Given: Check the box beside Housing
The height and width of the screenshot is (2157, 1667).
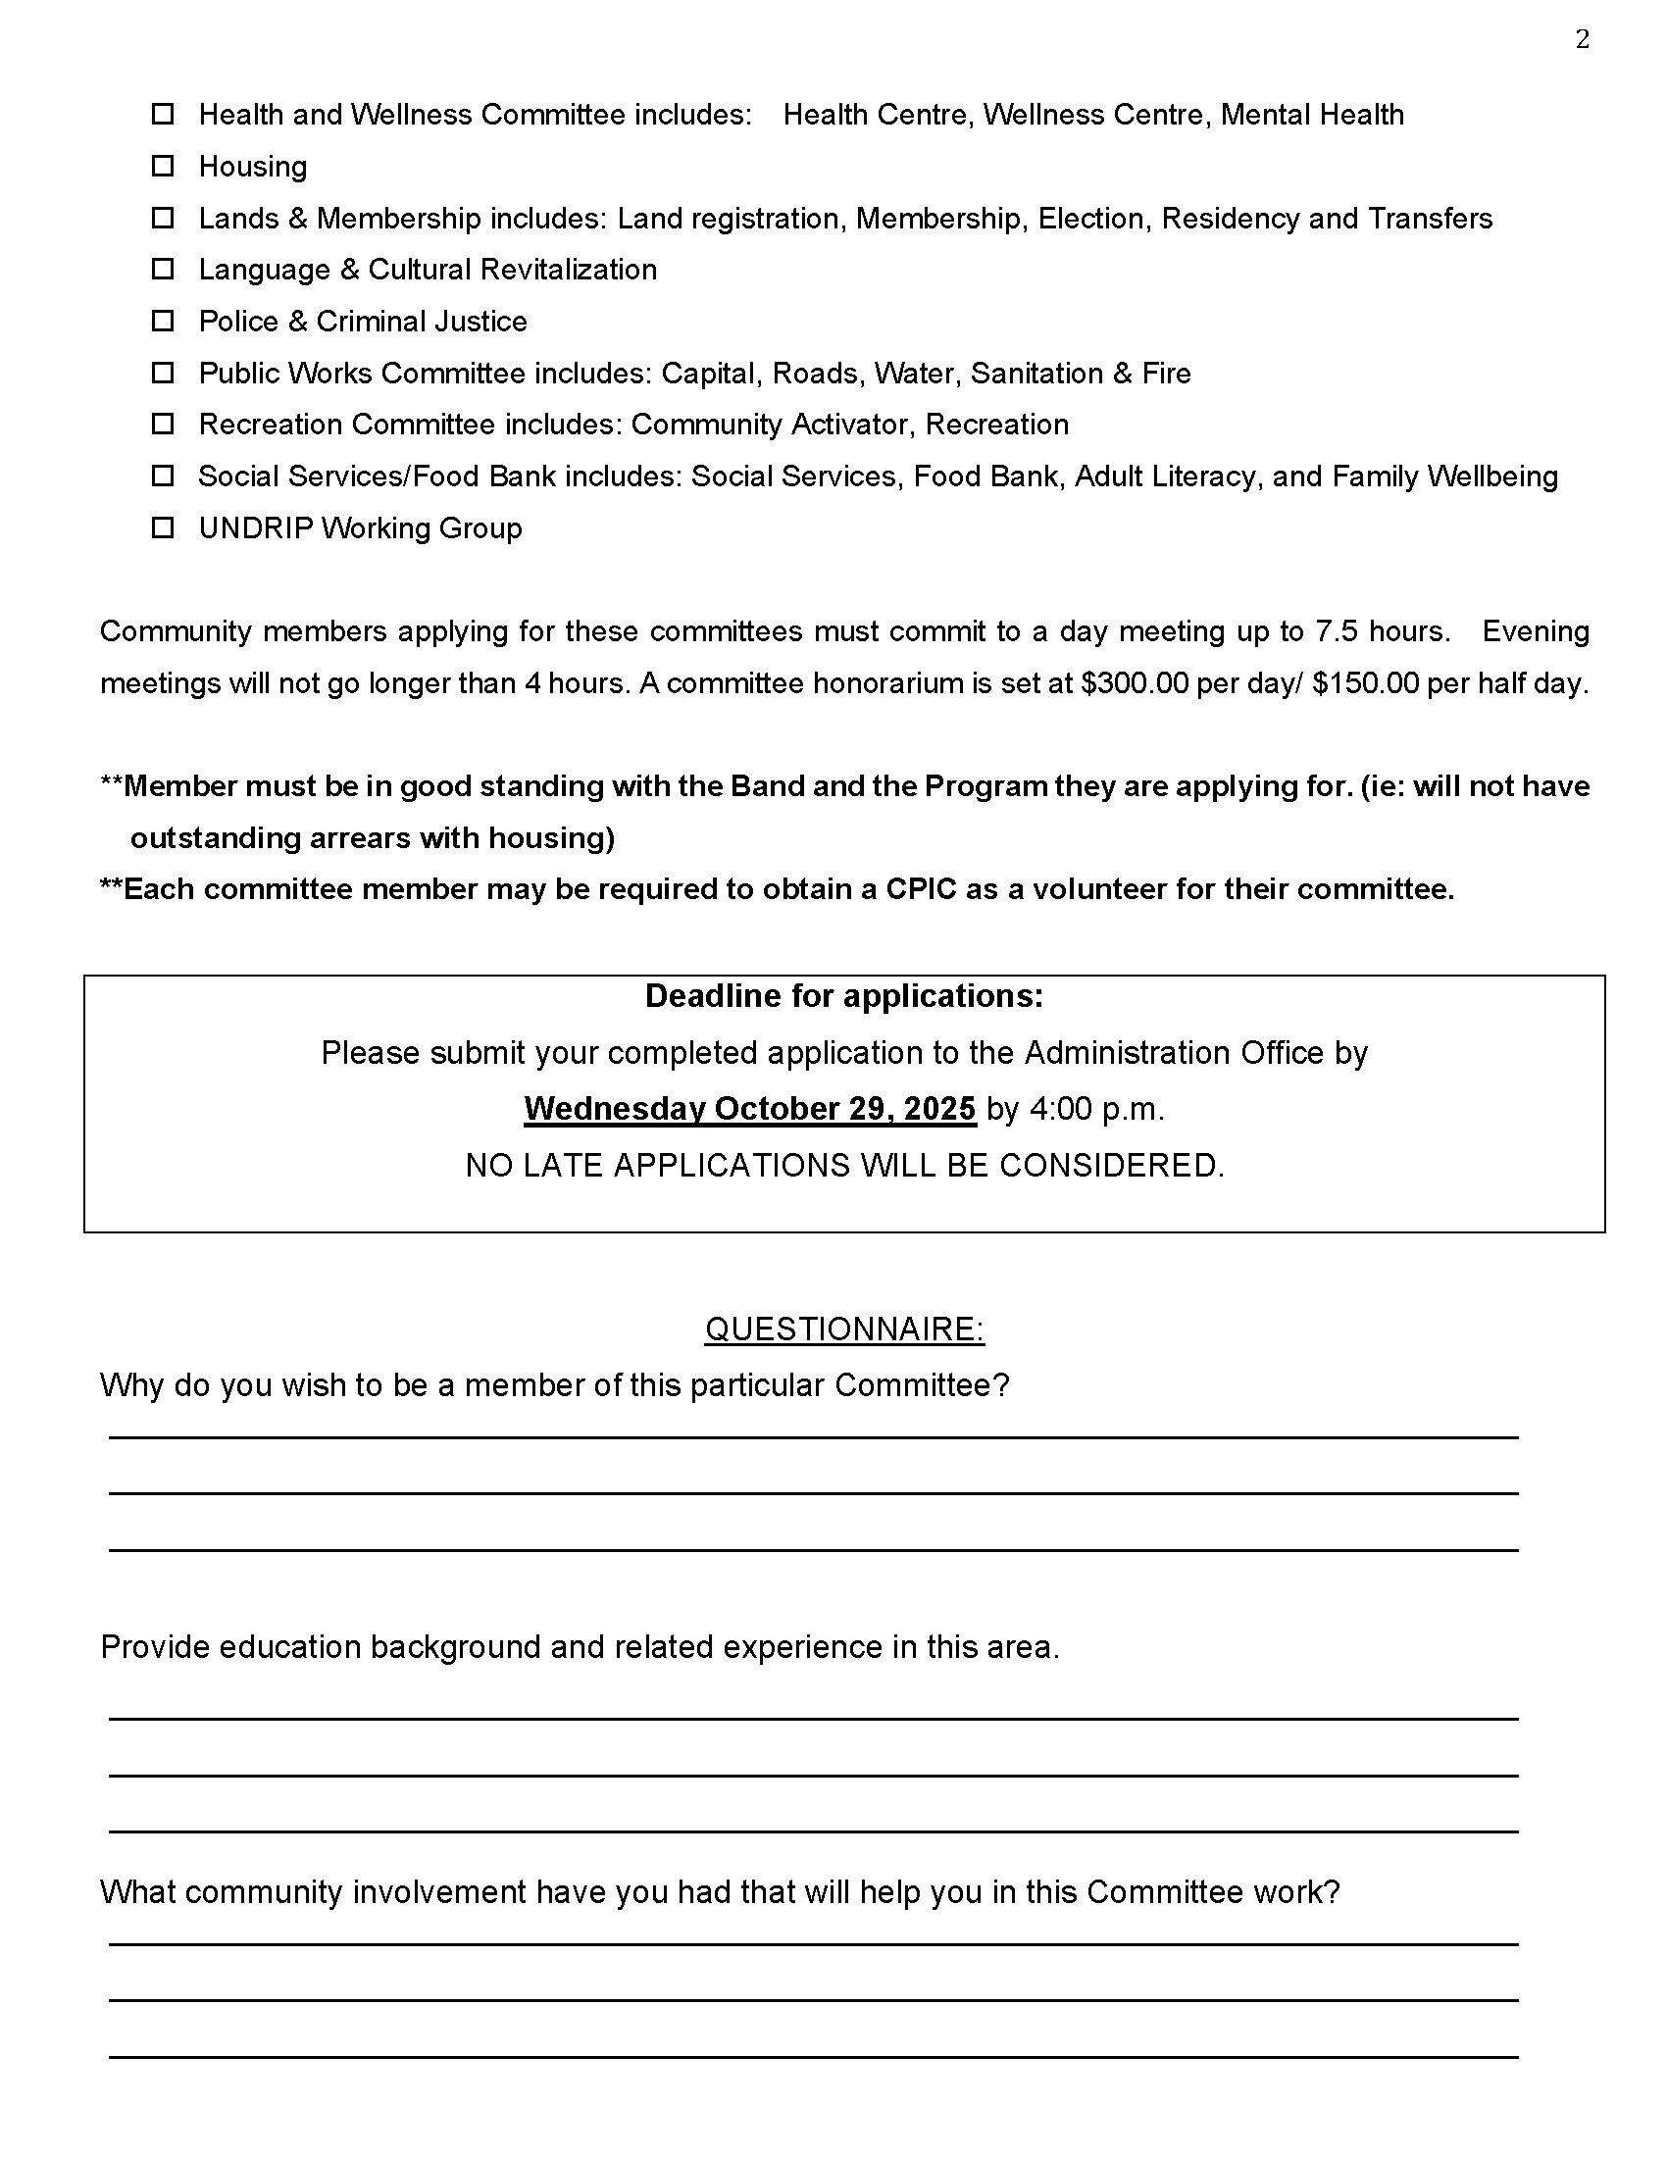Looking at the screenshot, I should coord(163,166).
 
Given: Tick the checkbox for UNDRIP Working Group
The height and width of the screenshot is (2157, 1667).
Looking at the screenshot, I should coord(163,528).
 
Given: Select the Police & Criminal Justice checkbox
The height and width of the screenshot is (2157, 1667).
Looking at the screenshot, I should coord(163,321).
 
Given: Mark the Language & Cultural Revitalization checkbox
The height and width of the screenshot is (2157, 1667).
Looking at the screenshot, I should coord(163,270).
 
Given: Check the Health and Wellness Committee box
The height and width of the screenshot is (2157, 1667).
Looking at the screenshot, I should coord(163,115).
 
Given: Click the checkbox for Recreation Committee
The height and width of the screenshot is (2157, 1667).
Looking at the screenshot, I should coord(163,425).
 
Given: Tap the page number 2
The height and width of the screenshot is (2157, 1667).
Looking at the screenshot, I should coord(1582,39).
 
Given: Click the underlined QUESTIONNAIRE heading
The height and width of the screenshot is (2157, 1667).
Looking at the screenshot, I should coord(844,1329).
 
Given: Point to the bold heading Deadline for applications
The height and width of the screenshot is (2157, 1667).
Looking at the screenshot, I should coord(844,996).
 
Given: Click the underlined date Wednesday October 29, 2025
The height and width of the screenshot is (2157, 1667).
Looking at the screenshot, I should coord(749,1109).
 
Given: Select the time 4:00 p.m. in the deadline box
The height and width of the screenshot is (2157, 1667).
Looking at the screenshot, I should coord(1097,1109).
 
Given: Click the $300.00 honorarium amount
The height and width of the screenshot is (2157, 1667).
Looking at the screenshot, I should coord(1135,683).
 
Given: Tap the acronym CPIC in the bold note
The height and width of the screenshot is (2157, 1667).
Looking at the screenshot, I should coord(921,890).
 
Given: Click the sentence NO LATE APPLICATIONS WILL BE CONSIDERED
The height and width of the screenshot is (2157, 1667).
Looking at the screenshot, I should coord(844,1167).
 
